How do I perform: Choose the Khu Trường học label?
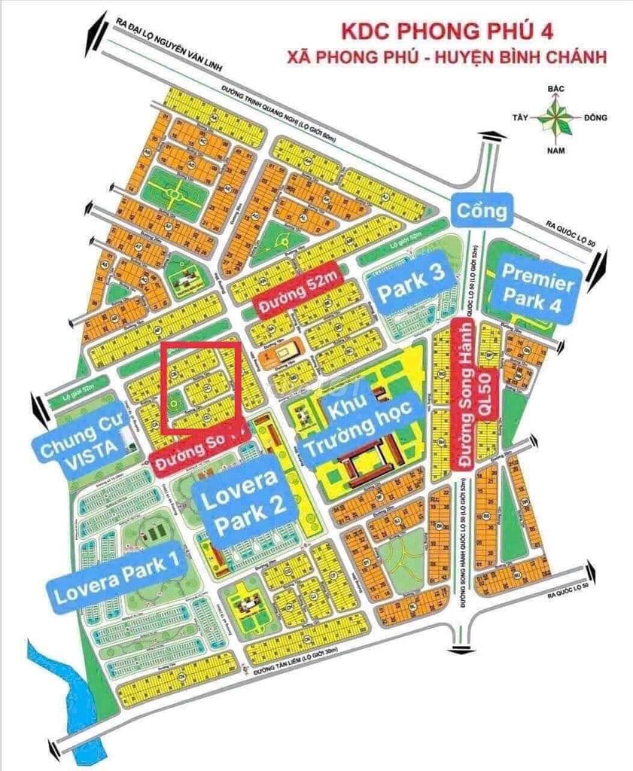(361, 418)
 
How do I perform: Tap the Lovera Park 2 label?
(238, 500)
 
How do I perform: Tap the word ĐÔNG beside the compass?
(594, 118)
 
